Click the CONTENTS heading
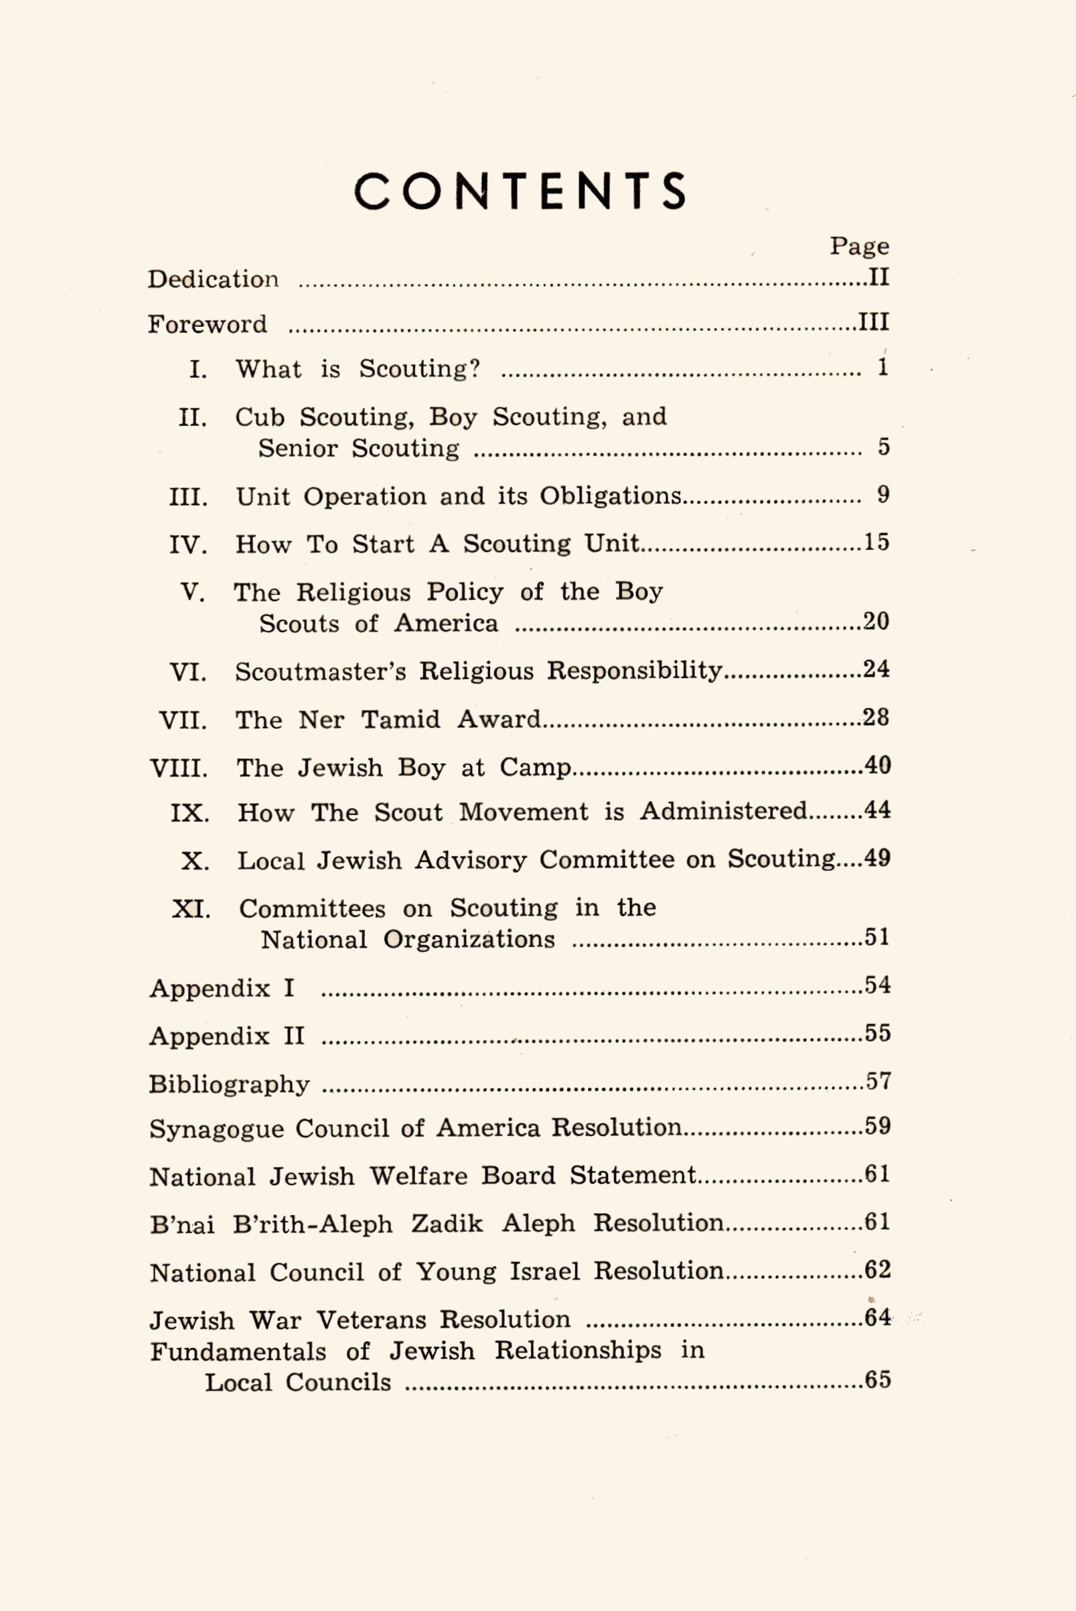(520, 191)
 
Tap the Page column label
(859, 247)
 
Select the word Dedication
(214, 279)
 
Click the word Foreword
(208, 324)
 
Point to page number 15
(876, 543)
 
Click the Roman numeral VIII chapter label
(178, 768)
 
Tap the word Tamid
(401, 719)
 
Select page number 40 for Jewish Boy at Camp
(877, 766)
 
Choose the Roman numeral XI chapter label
(191, 910)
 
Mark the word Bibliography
(229, 1084)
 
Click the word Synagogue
(216, 1130)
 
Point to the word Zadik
(447, 1224)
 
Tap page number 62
(878, 1270)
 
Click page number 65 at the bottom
(878, 1380)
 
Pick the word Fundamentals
(238, 1352)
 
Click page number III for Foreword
(874, 322)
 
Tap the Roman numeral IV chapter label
(188, 545)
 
